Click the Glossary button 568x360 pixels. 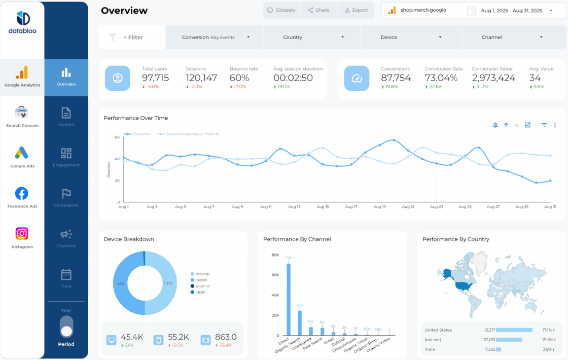point(281,10)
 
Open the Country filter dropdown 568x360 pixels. point(312,37)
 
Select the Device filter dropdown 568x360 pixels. point(411,37)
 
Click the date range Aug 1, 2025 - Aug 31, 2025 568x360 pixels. point(511,11)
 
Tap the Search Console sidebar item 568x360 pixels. point(22,117)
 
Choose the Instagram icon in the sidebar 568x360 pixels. point(22,234)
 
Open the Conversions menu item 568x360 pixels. point(66,198)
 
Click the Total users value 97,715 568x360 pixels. point(155,78)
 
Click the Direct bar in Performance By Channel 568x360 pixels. point(289,299)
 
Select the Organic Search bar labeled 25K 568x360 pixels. point(300,322)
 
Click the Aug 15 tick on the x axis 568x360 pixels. point(323,207)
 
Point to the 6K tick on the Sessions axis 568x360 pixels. point(117,137)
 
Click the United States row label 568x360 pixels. point(438,330)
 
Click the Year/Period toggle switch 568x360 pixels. point(66,327)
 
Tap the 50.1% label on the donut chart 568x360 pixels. point(168,283)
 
